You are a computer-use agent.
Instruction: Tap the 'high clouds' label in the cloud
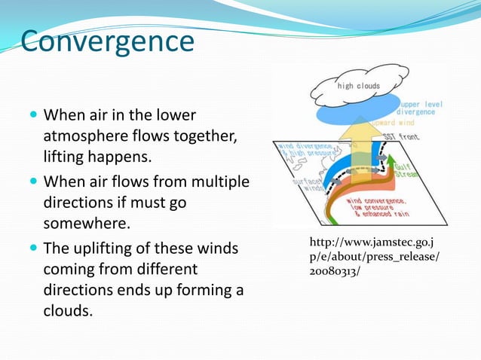[x=358, y=86]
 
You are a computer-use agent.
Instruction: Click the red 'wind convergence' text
[x=375, y=202]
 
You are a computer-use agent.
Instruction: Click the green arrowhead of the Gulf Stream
[x=391, y=159]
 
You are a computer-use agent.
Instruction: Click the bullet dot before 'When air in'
[x=33, y=116]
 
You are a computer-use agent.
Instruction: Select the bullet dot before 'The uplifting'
[x=33, y=248]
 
